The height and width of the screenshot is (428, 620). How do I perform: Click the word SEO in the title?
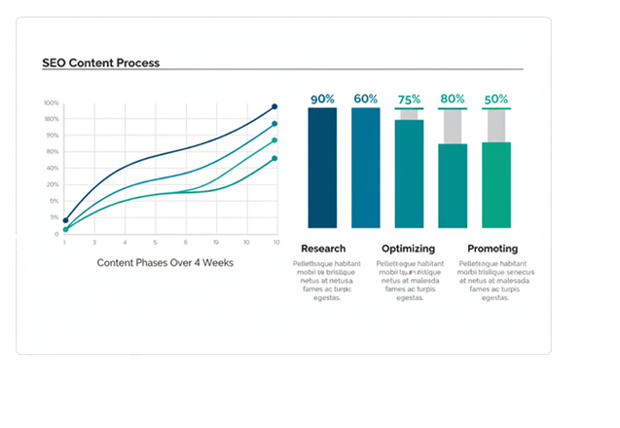pos(54,62)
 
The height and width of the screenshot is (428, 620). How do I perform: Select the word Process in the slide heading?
pos(137,62)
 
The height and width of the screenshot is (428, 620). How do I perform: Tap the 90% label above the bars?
pos(322,98)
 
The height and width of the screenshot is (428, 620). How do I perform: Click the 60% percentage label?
pos(365,98)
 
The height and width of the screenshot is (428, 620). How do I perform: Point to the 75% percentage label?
pos(409,99)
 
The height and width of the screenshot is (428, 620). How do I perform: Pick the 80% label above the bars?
pos(453,98)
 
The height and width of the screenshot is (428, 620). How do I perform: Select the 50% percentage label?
pos(496,98)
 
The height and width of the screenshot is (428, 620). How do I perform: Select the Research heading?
pos(323,249)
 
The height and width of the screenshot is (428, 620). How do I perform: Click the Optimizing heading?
pos(409,249)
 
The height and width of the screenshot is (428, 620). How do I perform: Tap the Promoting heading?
pos(492,249)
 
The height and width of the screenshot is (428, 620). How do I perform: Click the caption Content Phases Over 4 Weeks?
pos(164,263)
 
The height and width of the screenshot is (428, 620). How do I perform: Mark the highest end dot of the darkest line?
pos(274,106)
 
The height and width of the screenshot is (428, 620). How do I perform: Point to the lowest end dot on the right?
pos(274,158)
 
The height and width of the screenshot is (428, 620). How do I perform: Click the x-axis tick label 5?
pos(154,242)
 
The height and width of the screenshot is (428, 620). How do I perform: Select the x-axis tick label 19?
pos(215,242)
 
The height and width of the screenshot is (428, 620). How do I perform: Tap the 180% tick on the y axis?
pos(51,119)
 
